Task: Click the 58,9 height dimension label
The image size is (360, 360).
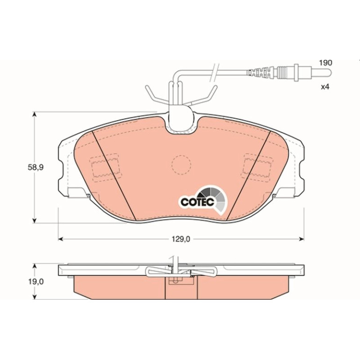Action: [x=36, y=167]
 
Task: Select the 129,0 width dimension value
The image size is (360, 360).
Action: [x=181, y=239]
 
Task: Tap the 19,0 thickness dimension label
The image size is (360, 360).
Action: [x=36, y=281]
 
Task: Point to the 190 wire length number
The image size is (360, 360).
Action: [x=326, y=63]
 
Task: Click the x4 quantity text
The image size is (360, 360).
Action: [x=325, y=87]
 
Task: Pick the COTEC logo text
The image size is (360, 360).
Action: [x=197, y=202]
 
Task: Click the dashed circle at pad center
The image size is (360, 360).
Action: [x=181, y=165]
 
